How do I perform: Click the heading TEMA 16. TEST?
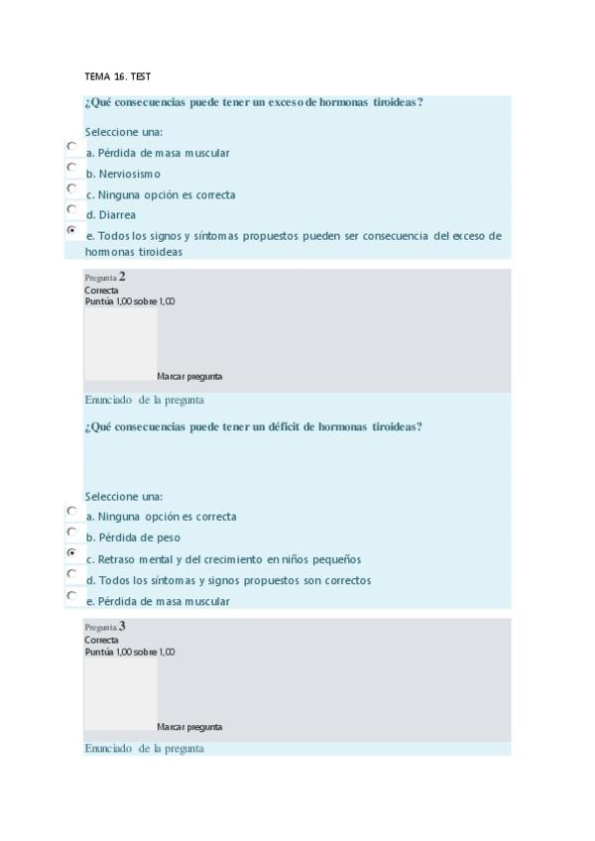tap(117, 76)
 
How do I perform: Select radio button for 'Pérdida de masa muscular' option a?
tap(71, 146)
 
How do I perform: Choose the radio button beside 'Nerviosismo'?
tap(71, 167)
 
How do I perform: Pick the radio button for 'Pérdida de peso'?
tap(71, 532)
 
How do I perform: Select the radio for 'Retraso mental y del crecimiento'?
tap(71, 552)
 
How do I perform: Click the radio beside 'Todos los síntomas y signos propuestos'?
tap(71, 573)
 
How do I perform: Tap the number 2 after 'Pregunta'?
tap(122, 277)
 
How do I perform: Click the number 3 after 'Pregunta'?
tap(122, 626)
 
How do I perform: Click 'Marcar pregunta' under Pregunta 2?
tap(189, 377)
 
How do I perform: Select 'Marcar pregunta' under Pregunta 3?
tap(189, 727)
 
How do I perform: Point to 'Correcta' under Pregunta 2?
tap(101, 291)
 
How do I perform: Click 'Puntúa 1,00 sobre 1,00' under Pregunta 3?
tap(130, 652)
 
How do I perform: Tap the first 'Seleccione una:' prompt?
tap(124, 132)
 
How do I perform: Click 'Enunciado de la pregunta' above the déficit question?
tap(144, 400)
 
